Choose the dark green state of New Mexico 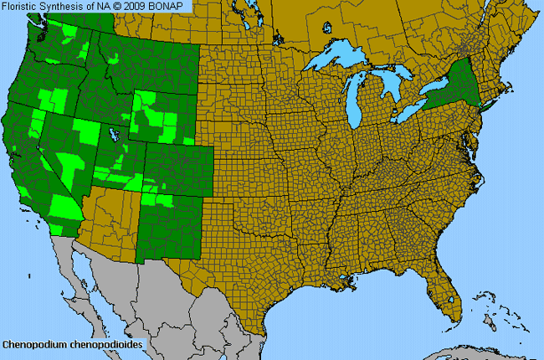point(172,230)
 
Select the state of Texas point(251,268)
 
